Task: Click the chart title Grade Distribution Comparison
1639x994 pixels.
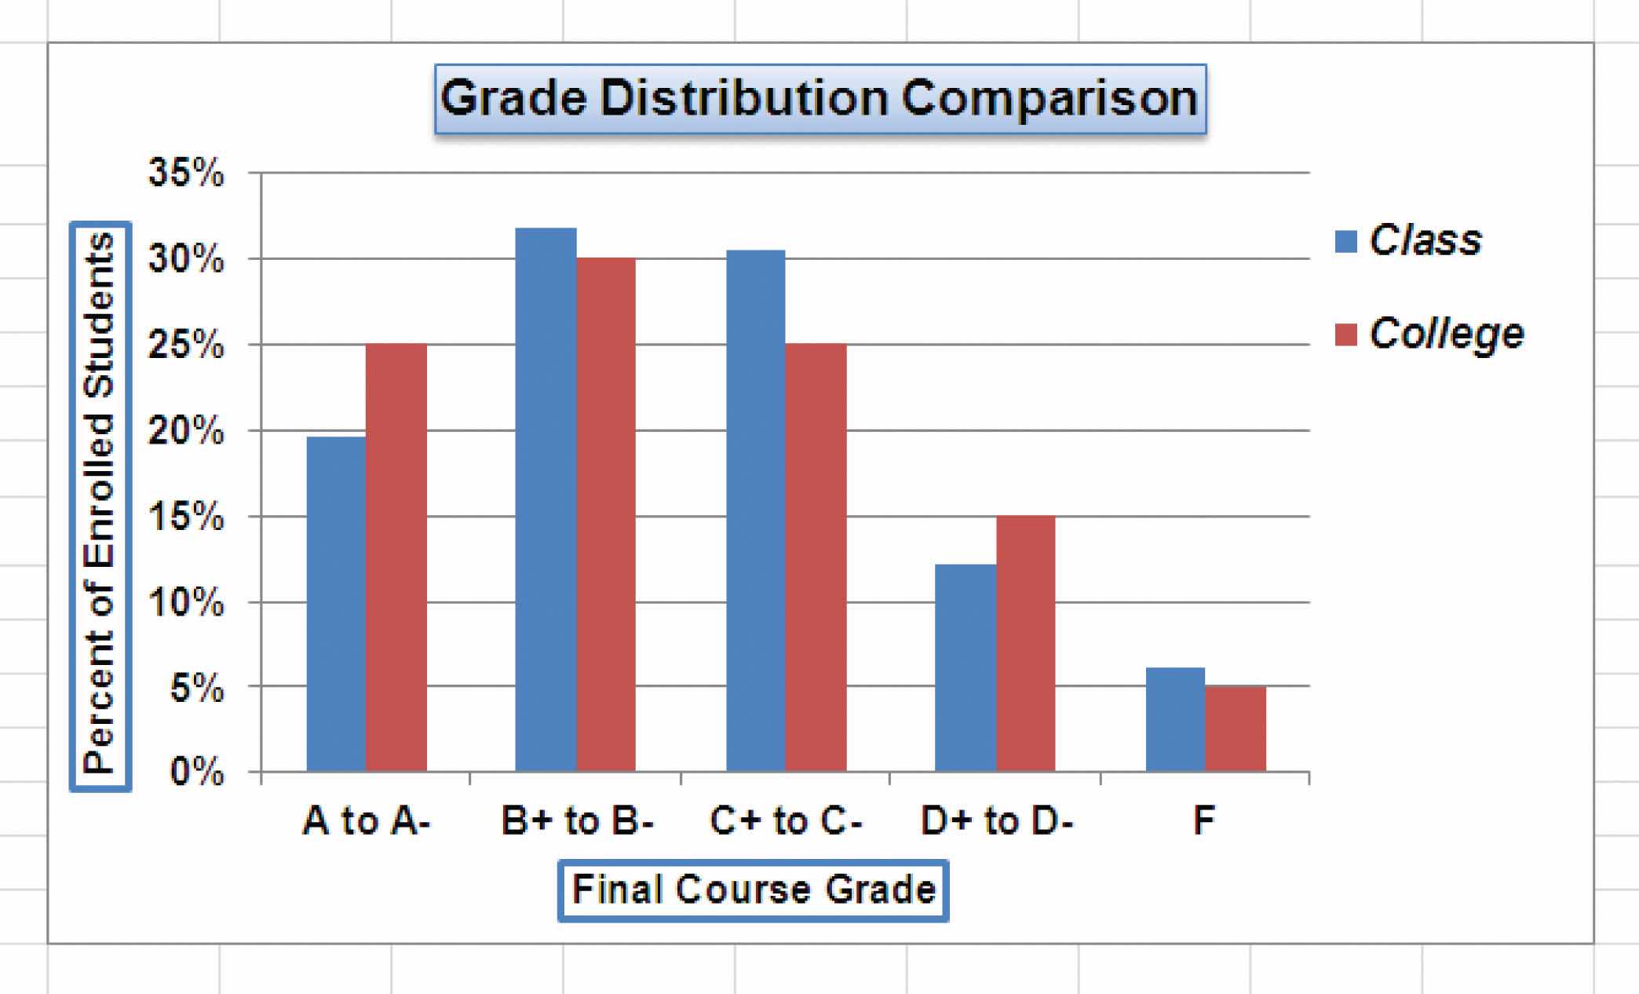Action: [820, 99]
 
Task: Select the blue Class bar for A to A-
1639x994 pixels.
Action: [336, 605]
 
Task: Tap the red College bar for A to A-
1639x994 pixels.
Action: [396, 557]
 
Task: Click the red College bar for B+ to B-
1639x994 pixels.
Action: [606, 514]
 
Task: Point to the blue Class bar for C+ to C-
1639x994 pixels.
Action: [756, 510]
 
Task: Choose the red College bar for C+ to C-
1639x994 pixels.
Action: [816, 557]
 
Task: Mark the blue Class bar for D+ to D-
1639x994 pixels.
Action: [966, 667]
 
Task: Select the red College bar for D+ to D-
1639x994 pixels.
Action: [1026, 644]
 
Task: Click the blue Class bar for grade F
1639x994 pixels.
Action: [1175, 719]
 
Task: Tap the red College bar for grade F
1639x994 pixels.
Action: [1236, 729]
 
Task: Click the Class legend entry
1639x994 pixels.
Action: [1409, 240]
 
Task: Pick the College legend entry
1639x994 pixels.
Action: [1429, 334]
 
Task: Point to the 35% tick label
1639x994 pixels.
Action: [186, 174]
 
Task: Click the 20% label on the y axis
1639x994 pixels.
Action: [186, 432]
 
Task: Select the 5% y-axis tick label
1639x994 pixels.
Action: [196, 689]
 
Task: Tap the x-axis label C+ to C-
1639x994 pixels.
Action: [786, 821]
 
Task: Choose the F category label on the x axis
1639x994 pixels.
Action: [1203, 821]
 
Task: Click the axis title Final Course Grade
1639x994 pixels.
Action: [754, 890]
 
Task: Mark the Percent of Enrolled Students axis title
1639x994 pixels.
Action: [100, 506]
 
